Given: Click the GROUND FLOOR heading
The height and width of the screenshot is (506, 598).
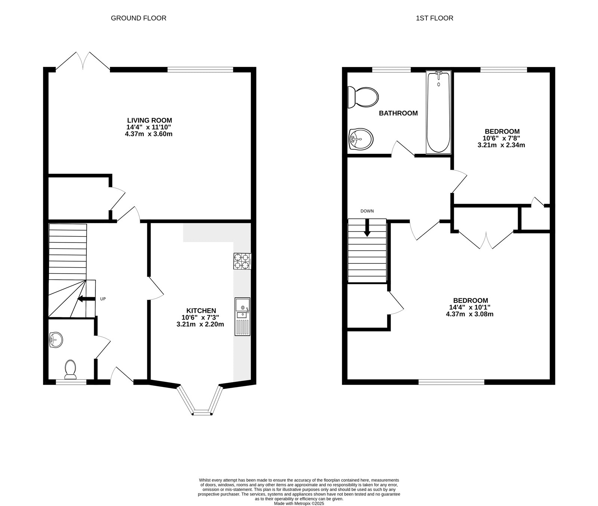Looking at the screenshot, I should coord(138,18).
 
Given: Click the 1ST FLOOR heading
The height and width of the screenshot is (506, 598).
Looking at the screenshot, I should coord(434,18).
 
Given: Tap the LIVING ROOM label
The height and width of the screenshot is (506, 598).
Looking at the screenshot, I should coord(149,121).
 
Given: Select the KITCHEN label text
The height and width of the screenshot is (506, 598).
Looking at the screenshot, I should coord(201,311).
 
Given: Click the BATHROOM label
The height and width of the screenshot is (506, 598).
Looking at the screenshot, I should coord(398,113).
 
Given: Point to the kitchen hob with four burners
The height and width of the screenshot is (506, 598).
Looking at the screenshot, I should coord(242,261).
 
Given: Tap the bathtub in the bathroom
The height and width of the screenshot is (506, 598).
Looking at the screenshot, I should coord(438,112).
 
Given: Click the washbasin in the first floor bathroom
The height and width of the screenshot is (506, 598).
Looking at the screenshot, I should coord(360,139).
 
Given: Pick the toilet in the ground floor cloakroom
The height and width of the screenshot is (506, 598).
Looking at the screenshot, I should coord(70,369).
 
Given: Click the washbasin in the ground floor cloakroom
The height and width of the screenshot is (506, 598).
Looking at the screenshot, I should coord(56,340).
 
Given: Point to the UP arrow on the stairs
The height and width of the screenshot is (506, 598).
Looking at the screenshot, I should coord(85,299).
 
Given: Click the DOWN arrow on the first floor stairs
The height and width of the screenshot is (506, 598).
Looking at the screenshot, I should coord(367,228).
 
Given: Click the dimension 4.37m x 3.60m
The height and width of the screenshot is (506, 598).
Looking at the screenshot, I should coord(149,134).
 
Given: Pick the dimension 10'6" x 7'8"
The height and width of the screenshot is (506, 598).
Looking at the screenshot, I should coord(502,138).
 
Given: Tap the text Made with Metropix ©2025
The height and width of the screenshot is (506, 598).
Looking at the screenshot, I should coord(299,504).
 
